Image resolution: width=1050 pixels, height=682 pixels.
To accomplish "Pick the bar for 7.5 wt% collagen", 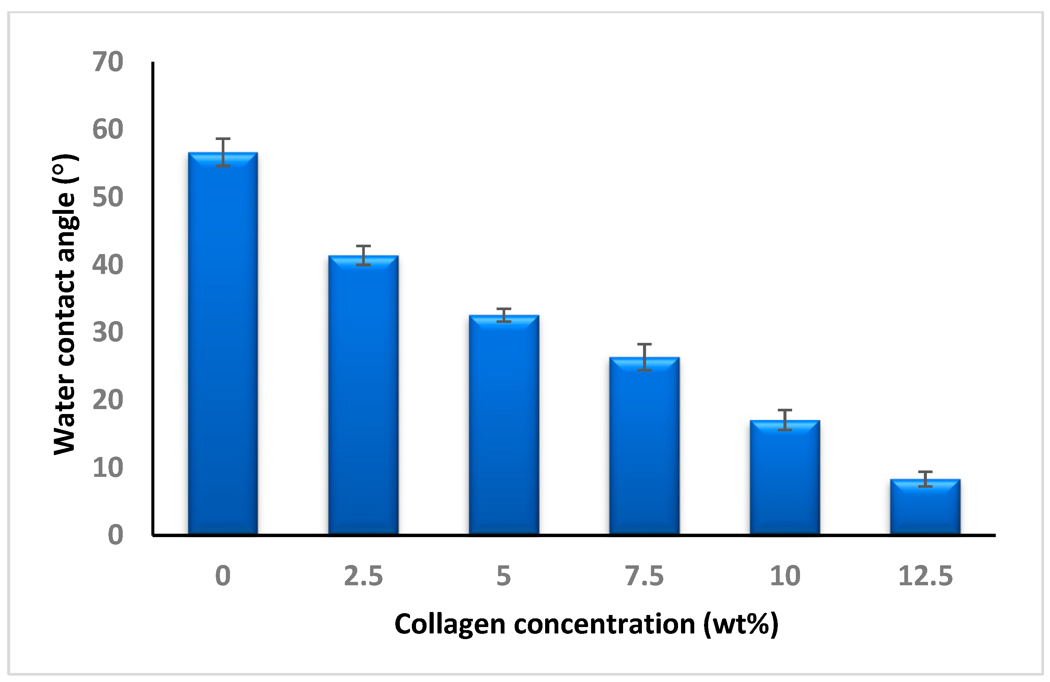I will [644, 446].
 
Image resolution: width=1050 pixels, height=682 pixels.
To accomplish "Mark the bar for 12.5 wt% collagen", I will [925, 507].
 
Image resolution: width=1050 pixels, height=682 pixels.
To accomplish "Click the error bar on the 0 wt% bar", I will [223, 152].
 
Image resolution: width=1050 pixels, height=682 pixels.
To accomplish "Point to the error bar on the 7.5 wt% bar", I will [644, 357].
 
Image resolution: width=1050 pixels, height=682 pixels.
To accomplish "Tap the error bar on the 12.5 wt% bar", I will [925, 479].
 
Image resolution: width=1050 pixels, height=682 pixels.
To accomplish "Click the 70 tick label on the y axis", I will [108, 62].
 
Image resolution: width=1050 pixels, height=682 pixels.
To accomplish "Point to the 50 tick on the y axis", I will [108, 197].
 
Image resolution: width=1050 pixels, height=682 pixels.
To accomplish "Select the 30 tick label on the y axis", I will [108, 332].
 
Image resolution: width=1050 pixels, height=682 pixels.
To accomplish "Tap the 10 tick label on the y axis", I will [108, 467].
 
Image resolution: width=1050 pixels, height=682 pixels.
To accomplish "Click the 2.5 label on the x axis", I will [363, 576].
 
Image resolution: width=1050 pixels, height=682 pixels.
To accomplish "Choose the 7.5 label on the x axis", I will [644, 576].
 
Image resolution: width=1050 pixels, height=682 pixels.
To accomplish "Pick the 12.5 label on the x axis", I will [925, 576].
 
